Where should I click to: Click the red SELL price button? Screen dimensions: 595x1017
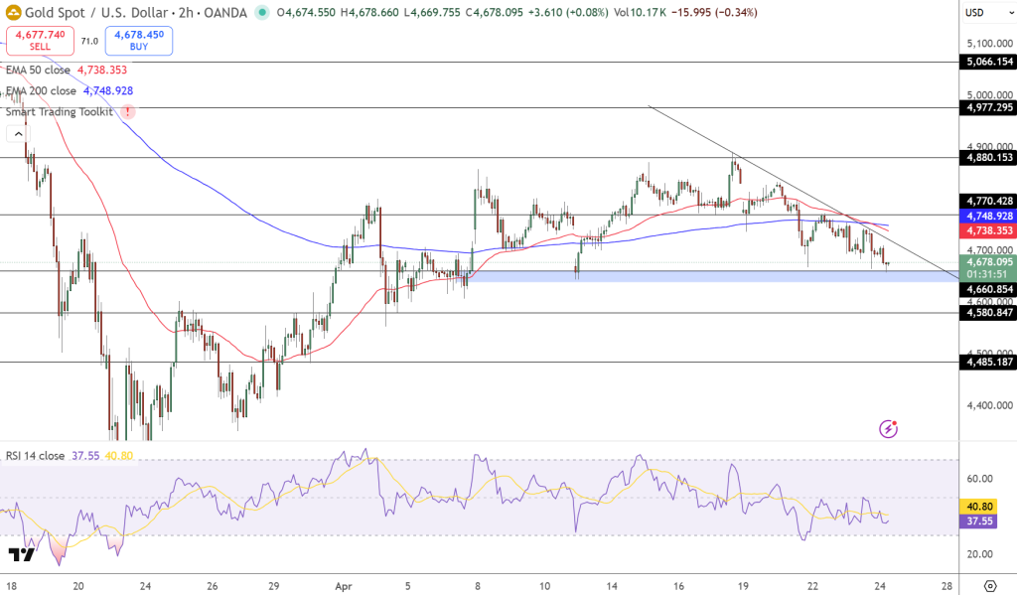(41, 41)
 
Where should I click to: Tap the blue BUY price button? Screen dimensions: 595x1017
(143, 41)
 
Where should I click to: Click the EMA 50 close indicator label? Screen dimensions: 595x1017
(40, 71)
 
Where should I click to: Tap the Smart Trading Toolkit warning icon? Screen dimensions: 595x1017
(127, 111)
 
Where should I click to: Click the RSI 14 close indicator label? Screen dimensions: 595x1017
(35, 456)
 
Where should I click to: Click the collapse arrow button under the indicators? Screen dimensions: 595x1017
(19, 133)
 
